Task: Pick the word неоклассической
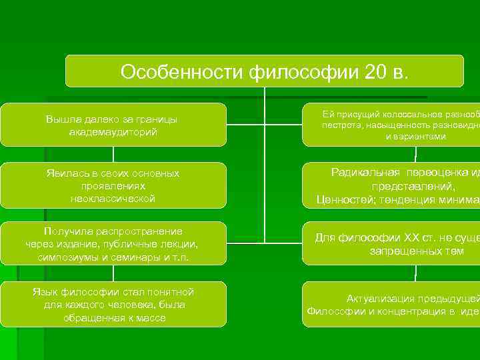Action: [113, 198]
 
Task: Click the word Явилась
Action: [65, 173]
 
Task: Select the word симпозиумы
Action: [67, 257]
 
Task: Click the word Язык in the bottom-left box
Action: [45, 292]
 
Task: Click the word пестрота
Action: [341, 125]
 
